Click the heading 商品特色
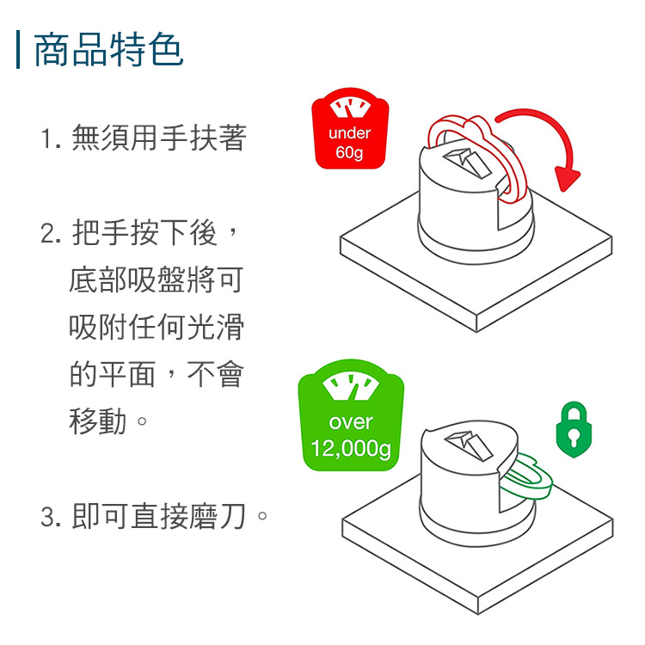point(108,50)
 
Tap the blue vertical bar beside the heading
point(18,49)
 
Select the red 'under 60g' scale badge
point(350,128)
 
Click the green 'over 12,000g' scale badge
point(351,415)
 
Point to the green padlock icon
point(574,430)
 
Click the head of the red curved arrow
point(567,179)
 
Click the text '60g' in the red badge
point(349,152)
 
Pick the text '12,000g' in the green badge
point(351,448)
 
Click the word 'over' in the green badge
point(351,422)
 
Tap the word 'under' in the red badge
point(350,132)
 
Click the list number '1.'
point(51,138)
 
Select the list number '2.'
point(51,233)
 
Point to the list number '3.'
point(51,517)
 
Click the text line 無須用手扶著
point(159,138)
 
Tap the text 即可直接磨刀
point(159,516)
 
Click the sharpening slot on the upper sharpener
point(467,163)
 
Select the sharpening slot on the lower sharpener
point(469,445)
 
